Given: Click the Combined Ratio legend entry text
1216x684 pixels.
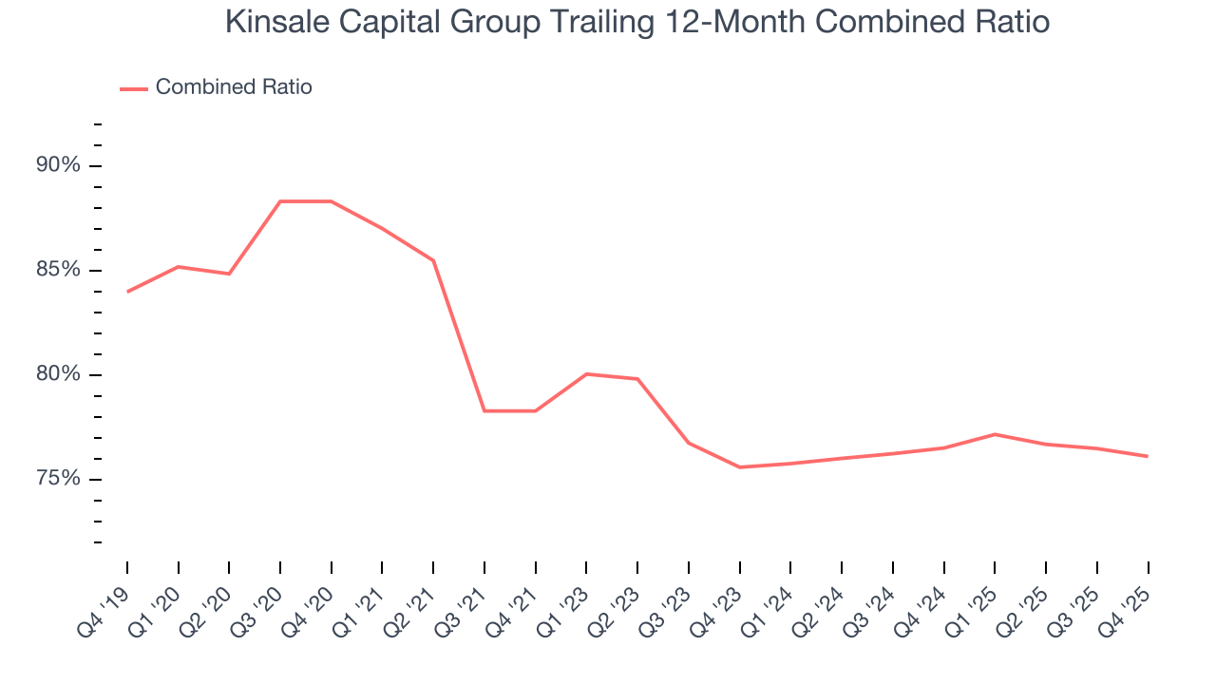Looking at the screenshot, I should point(234,87).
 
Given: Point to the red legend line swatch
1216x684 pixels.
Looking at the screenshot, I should point(134,88).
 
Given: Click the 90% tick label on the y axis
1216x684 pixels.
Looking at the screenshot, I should point(59,165).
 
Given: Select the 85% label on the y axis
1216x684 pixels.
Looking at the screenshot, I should point(59,270).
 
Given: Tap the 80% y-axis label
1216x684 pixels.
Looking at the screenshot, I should point(59,374).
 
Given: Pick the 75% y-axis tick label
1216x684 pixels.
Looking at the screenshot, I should point(59,479).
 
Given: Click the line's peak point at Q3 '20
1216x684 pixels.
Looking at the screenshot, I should point(280,201).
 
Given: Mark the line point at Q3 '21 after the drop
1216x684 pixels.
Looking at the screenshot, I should point(484,410).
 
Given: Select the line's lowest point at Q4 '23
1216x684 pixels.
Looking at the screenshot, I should point(740,467).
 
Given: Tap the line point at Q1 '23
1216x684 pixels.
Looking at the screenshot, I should point(587,374).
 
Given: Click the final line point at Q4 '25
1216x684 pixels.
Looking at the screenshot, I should point(1148,456).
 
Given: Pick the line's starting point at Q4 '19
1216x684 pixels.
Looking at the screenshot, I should point(127,292).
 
